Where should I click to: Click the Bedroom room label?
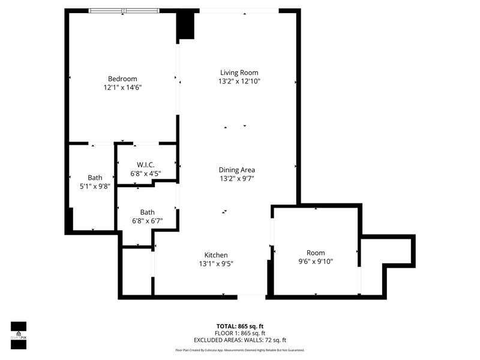click(x=122, y=79)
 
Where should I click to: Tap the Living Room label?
click(x=239, y=73)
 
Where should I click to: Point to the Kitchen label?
click(x=216, y=255)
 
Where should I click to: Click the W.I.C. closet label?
click(x=146, y=164)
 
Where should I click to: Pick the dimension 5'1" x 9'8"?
click(x=95, y=186)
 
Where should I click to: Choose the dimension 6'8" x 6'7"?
click(x=147, y=221)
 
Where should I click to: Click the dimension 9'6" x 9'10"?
click(x=316, y=261)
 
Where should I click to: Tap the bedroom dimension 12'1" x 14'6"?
click(x=122, y=88)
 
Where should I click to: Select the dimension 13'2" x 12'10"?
click(x=239, y=81)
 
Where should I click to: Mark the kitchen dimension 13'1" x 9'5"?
click(x=216, y=263)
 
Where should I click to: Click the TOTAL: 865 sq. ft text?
click(x=239, y=326)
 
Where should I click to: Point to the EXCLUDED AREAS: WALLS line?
click(x=239, y=340)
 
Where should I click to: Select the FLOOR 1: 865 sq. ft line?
click(x=239, y=333)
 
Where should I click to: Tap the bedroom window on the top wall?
click(x=124, y=11)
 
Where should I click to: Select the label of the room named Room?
click(x=316, y=253)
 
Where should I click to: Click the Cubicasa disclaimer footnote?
click(x=239, y=350)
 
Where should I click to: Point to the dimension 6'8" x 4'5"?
click(x=146, y=173)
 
